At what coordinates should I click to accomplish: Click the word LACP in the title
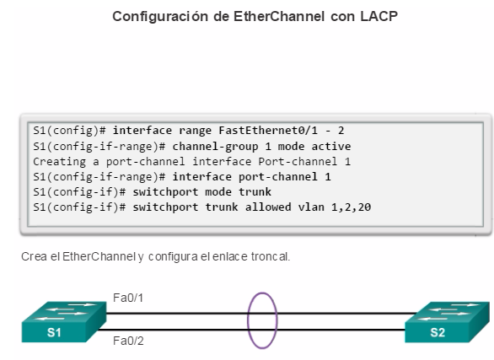pos(379,16)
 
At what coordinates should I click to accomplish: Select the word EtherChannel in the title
pos(279,16)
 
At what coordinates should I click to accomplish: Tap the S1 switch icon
pos(64,322)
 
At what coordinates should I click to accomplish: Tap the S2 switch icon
pos(448,322)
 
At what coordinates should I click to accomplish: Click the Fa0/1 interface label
pos(128,298)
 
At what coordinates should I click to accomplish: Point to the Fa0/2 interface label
pos(128,341)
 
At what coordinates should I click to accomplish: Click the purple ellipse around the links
pos(248,320)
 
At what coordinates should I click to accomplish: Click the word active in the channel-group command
pos(331,146)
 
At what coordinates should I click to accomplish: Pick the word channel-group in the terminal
pos(215,147)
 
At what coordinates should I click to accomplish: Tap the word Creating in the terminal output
pos(59,162)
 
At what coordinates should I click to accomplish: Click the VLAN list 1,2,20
pos(351,207)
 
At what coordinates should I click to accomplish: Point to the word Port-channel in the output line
pos(298,162)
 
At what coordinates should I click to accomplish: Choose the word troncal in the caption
pos(271,256)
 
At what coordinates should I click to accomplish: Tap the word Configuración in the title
pos(160,17)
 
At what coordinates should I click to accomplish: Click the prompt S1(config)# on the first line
pos(69,131)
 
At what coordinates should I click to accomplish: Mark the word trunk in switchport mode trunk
pos(255,192)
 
